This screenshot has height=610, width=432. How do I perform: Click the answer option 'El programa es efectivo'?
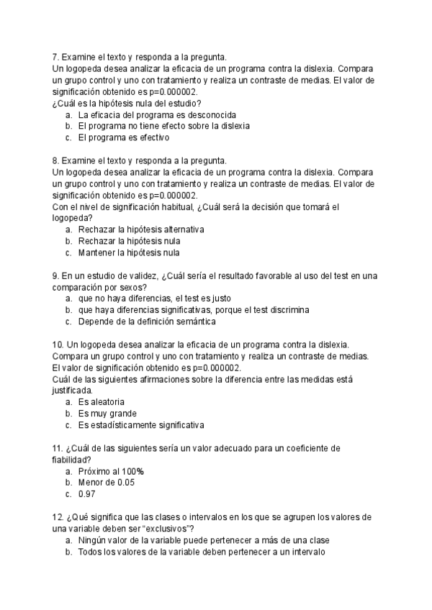(123, 137)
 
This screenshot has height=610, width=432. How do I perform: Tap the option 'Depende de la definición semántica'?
(156, 322)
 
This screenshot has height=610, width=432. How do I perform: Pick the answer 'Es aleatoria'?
(102, 401)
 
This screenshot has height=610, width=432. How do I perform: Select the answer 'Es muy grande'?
(107, 413)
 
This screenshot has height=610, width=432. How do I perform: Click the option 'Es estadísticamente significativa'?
(141, 424)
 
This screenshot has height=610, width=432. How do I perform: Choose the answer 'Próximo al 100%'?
(111, 471)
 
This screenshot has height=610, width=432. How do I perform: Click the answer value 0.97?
(87, 494)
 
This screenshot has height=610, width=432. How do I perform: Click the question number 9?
(55, 276)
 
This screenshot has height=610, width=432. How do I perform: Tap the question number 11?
(58, 448)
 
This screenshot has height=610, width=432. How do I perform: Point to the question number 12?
(58, 517)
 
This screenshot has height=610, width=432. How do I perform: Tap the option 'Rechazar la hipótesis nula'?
(129, 241)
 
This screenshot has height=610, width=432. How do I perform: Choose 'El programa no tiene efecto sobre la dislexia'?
(164, 126)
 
